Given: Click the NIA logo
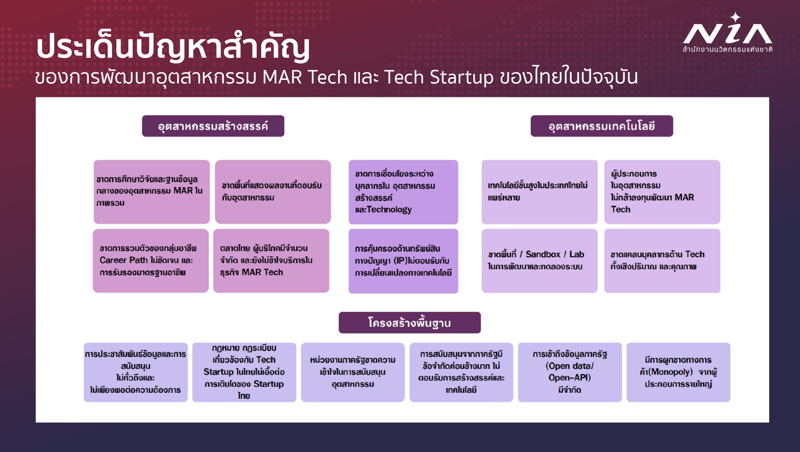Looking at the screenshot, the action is click(727, 33).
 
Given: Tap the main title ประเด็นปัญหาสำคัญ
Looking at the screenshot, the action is click(173, 46).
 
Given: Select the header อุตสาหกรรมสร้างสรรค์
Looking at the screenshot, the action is click(213, 126).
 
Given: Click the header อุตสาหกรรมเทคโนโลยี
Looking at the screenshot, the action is click(602, 126).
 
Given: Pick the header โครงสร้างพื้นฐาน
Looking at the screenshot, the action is click(410, 323).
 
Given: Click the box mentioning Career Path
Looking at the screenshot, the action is click(151, 261).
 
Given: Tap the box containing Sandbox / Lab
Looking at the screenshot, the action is click(539, 261).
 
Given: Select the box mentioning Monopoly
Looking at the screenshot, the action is click(679, 372).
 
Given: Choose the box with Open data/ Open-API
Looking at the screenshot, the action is click(570, 372).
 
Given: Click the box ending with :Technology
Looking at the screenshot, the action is click(403, 192).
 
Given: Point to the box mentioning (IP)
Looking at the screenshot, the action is click(403, 261).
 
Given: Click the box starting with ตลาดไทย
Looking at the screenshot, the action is click(271, 261).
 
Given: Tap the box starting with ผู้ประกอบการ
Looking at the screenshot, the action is click(662, 192).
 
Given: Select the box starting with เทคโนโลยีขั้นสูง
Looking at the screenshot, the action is click(539, 192).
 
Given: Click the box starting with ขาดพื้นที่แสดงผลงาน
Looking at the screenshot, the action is click(273, 192).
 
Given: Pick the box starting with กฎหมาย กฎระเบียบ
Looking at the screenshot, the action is click(244, 372).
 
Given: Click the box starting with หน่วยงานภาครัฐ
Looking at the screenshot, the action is click(353, 372).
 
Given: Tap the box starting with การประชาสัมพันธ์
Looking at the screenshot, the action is click(135, 372).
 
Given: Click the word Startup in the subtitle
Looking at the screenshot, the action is click(462, 77).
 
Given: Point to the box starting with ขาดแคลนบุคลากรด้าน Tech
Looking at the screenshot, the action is click(662, 261).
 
